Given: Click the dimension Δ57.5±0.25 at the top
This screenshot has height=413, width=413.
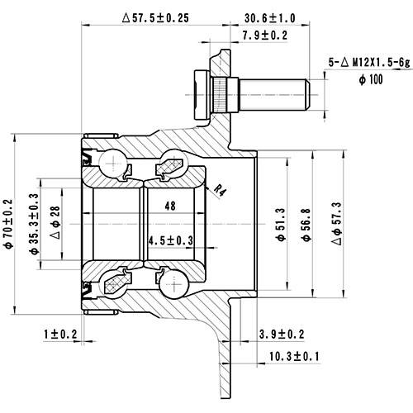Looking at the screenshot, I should click(165, 16).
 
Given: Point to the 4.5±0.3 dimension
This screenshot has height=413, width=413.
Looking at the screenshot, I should click(170, 240).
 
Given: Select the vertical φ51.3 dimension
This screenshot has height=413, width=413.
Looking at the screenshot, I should click(281, 222).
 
